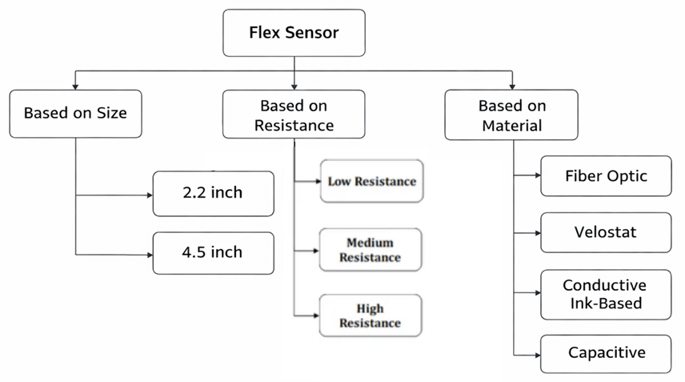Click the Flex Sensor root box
(x=294, y=33)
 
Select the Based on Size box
(x=75, y=113)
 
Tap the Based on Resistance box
(x=294, y=115)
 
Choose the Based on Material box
(x=512, y=115)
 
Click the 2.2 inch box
(x=213, y=193)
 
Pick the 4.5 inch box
(x=213, y=252)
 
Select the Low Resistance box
(x=371, y=181)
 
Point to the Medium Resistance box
(x=371, y=250)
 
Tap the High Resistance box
(x=371, y=316)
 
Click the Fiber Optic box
(x=606, y=175)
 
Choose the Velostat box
(x=606, y=232)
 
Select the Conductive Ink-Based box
(x=606, y=294)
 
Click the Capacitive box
(x=606, y=353)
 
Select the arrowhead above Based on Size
(x=75, y=85)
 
